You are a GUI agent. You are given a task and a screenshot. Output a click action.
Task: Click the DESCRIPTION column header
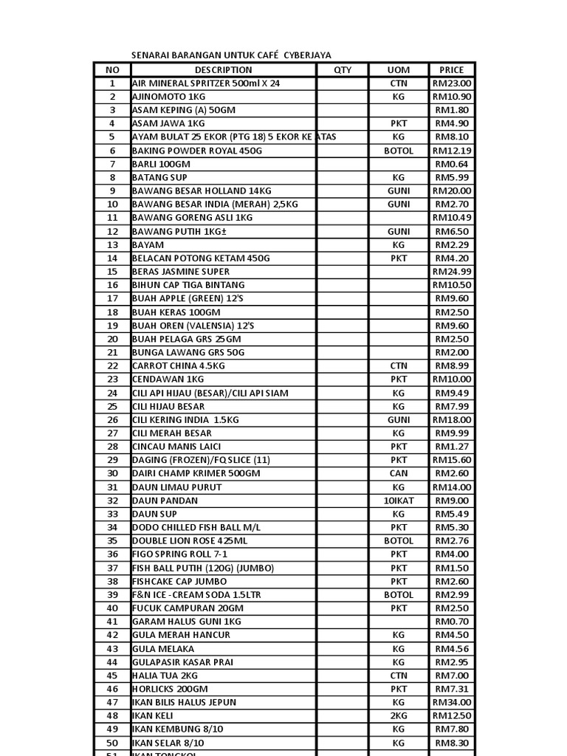tap(224, 70)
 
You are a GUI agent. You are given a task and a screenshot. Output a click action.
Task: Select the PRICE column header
tap(452, 70)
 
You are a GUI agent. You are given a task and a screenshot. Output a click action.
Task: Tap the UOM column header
tap(399, 70)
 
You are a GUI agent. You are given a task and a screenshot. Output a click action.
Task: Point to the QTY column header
tap(343, 70)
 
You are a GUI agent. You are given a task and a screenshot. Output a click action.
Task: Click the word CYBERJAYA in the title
tap(303, 55)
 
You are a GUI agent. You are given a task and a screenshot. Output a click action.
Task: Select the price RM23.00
tap(452, 83)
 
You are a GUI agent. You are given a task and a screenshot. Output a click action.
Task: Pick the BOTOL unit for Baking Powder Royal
tap(399, 151)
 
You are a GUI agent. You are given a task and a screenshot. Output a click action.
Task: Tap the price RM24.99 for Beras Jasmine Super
tap(452, 271)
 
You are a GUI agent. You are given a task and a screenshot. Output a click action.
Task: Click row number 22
tap(112, 365)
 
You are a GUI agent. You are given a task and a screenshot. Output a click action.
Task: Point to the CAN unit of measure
tap(399, 473)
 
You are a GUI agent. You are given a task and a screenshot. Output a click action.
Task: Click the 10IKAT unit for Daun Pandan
tap(399, 500)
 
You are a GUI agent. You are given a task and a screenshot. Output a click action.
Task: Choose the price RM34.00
tap(452, 702)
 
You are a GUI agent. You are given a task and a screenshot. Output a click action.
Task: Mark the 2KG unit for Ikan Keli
tap(399, 715)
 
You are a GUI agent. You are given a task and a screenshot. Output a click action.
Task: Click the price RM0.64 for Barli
tap(452, 164)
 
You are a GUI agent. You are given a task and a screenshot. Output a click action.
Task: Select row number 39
tap(112, 594)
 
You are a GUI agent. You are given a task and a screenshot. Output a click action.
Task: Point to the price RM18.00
tap(452, 419)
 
